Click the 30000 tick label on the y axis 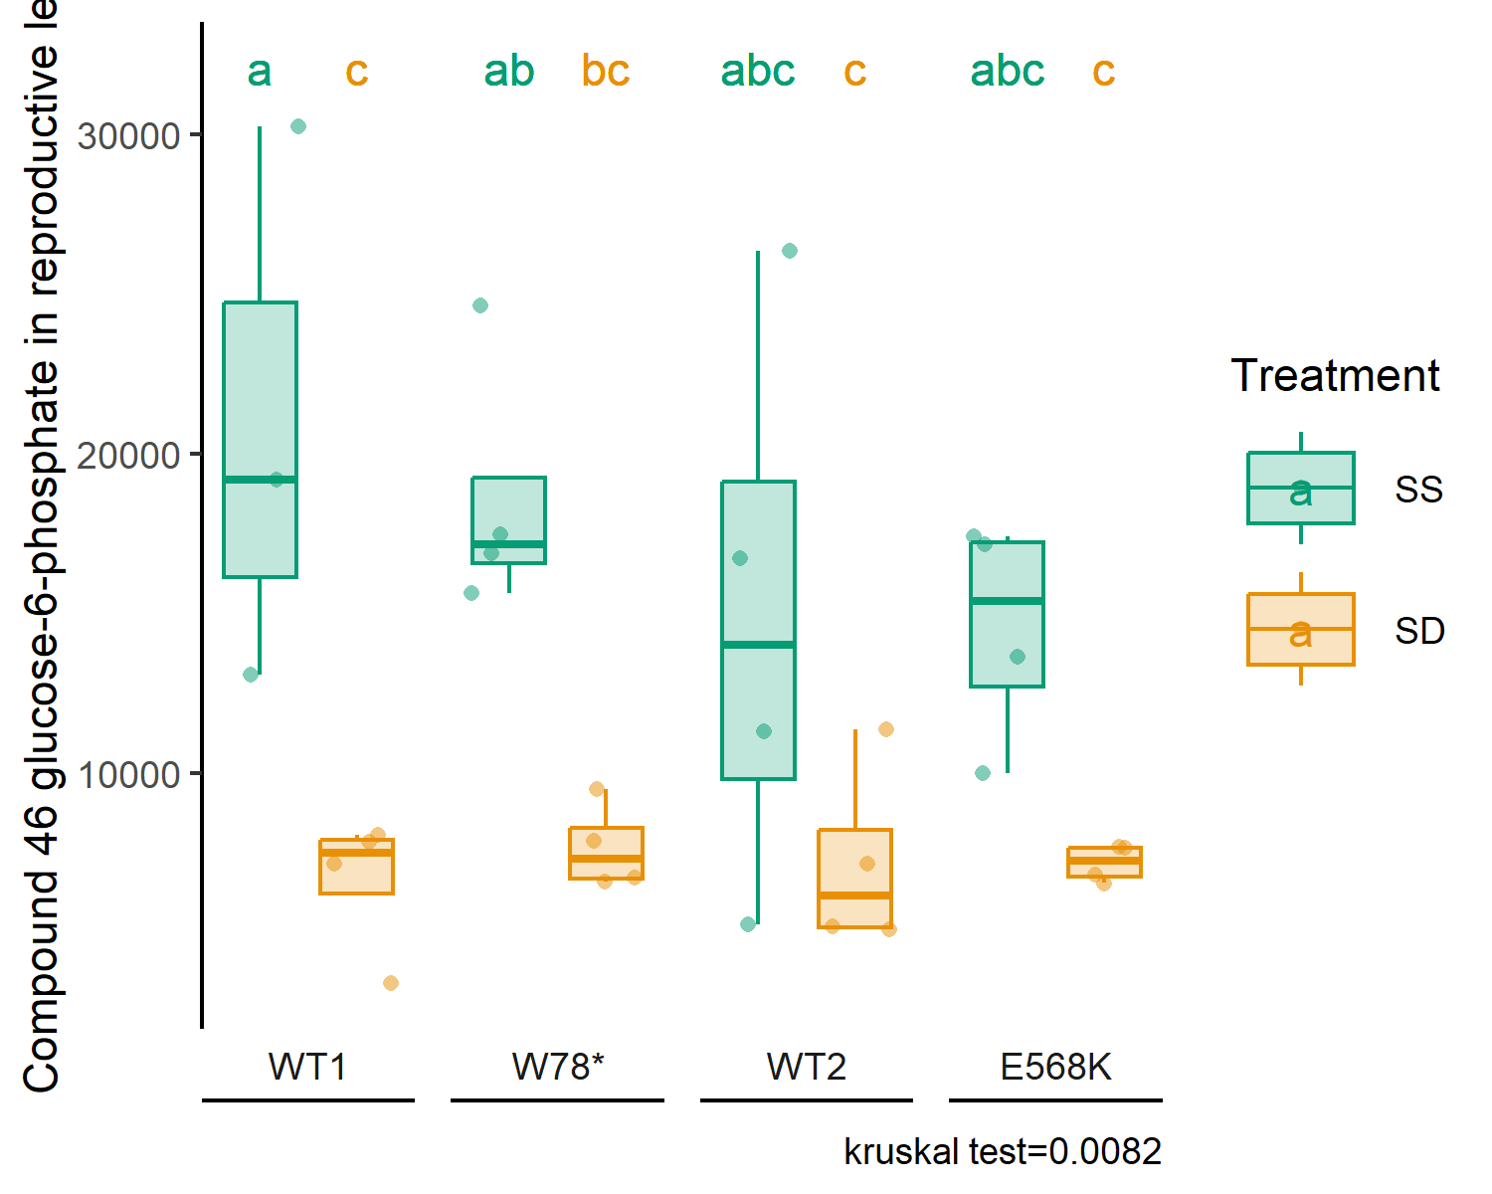[129, 135]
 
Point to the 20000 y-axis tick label [129, 455]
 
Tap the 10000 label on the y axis [129, 774]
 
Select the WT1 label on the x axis [307, 1067]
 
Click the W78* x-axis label [558, 1067]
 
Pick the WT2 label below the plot [807, 1067]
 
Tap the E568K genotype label [1056, 1067]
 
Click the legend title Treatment [1335, 375]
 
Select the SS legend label [1418, 490]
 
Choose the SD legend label [1419, 631]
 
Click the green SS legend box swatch [1301, 489]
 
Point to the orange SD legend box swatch [1301, 629]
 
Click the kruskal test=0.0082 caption [1003, 1151]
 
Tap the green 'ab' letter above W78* [509, 71]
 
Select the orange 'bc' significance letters [606, 71]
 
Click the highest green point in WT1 [298, 126]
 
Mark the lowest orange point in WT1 [391, 983]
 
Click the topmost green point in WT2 [790, 251]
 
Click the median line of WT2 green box [759, 645]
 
